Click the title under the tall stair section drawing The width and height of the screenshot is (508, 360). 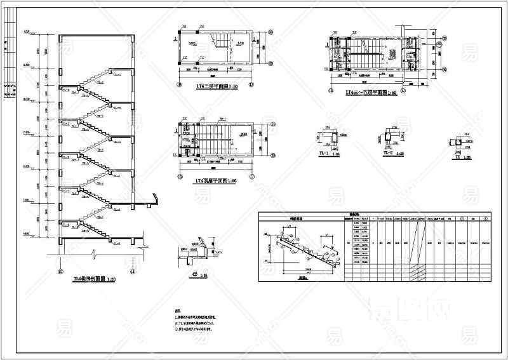[94, 278]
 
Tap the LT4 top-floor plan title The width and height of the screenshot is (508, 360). [212, 181]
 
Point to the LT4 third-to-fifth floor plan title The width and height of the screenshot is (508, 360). [371, 92]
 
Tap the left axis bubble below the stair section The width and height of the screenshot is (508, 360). [60, 271]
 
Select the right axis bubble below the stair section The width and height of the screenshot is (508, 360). [133, 271]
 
